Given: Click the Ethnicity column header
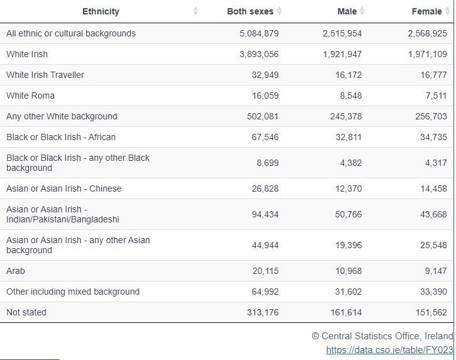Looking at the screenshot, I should (x=100, y=11).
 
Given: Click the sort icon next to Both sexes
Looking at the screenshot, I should (x=279, y=11).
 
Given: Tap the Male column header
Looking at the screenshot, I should (x=347, y=11).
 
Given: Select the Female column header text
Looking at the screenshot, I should (x=426, y=11).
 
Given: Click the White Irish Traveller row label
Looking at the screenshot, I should (x=45, y=75).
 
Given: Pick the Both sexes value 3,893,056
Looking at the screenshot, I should (x=259, y=54).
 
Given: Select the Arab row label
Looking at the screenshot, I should (x=16, y=271).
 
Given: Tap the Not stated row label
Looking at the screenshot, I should (x=26, y=312).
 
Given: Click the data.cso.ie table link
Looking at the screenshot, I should (x=389, y=350).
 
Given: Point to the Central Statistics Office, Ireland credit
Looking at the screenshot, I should (x=382, y=336).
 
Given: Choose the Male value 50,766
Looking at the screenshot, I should (x=349, y=214).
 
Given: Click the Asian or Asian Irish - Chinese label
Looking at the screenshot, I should (x=64, y=188).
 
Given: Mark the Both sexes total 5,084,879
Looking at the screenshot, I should (x=259, y=33).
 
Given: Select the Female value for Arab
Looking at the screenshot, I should (x=436, y=271).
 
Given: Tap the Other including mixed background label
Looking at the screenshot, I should (x=73, y=292).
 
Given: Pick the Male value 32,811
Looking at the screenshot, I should (x=349, y=137).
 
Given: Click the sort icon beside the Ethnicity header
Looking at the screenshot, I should (x=195, y=11).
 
